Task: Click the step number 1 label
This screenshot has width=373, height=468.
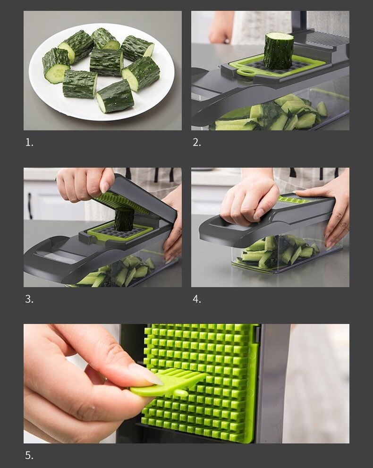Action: pos(29,142)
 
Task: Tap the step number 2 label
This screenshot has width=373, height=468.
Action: pos(196,142)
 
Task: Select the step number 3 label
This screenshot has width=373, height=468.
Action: pos(29,299)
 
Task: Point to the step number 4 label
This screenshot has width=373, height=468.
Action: pos(196,299)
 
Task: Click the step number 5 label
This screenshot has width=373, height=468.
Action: pos(29,455)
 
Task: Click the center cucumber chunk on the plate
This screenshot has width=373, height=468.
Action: pos(107,62)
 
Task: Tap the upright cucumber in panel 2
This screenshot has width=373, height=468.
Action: pos(279,51)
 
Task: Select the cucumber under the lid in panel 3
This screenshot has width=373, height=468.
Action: pos(124,220)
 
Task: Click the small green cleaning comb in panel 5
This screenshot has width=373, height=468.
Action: pos(167,383)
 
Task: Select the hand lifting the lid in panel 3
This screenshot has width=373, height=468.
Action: pos(85,184)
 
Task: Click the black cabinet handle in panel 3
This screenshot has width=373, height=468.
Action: pos(30,206)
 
